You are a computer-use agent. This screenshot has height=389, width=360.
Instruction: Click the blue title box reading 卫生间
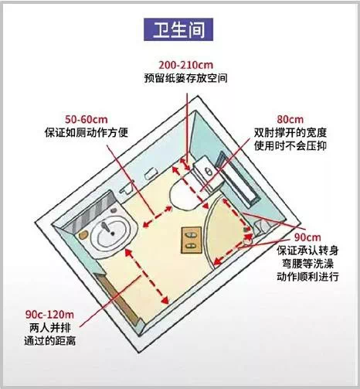[x=178, y=29]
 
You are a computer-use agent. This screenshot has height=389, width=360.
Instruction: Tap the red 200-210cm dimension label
[x=185, y=65]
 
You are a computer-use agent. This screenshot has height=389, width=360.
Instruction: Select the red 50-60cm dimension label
[x=87, y=120]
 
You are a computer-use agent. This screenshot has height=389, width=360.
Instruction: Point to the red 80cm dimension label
[x=290, y=120]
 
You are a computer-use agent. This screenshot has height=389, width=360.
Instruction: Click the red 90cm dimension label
[x=307, y=237]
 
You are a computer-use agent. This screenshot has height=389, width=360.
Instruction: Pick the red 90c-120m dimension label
[x=49, y=315]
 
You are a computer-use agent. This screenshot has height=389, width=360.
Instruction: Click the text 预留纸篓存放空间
[x=185, y=78]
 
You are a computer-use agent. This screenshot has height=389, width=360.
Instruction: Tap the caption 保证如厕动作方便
[x=87, y=133]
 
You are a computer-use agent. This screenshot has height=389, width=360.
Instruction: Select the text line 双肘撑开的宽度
[x=290, y=133]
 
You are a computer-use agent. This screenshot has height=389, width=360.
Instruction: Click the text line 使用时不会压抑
[x=290, y=146]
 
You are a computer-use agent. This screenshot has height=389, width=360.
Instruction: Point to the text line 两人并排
[x=49, y=328]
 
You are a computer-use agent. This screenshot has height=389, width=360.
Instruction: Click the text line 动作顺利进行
[x=307, y=277]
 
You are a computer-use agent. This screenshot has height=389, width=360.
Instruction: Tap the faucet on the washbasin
[x=107, y=228]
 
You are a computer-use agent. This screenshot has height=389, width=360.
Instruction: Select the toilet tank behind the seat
[x=209, y=173]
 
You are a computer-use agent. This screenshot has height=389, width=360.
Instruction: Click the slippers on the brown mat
[x=191, y=240]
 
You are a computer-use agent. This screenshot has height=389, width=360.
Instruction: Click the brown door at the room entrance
[x=117, y=299]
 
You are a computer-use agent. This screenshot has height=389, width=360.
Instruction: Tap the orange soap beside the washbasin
[x=83, y=234]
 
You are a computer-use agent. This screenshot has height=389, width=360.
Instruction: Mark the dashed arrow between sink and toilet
[x=157, y=217]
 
